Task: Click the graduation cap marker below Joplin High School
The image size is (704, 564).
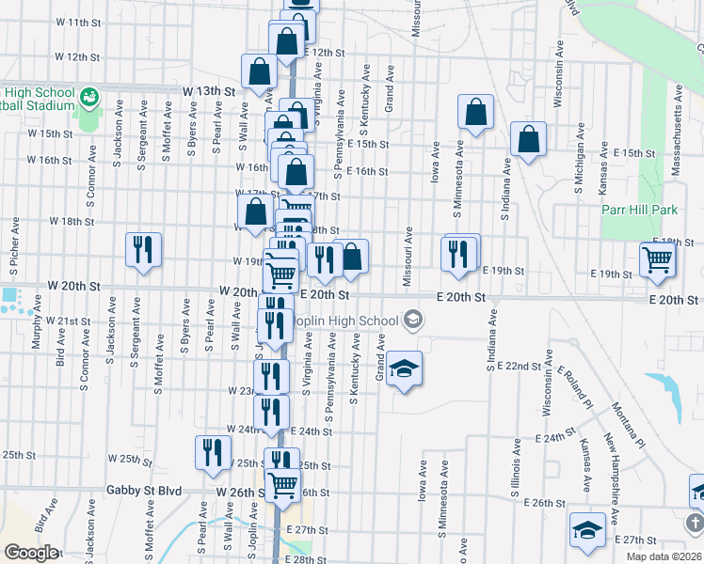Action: click(x=404, y=369)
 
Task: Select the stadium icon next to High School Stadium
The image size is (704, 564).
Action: click(x=89, y=97)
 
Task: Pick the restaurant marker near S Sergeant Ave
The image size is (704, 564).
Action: click(x=143, y=250)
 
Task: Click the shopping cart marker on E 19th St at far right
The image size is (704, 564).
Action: click(x=658, y=259)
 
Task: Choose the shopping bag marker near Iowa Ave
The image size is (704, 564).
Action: click(x=477, y=113)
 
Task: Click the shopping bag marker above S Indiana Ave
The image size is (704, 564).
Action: click(x=529, y=139)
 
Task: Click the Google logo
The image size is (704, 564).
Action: click(x=31, y=552)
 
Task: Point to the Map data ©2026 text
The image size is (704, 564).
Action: click(x=664, y=556)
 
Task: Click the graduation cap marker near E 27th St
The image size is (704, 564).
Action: click(x=587, y=528)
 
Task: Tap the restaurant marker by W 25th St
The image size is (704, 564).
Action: click(x=213, y=453)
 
